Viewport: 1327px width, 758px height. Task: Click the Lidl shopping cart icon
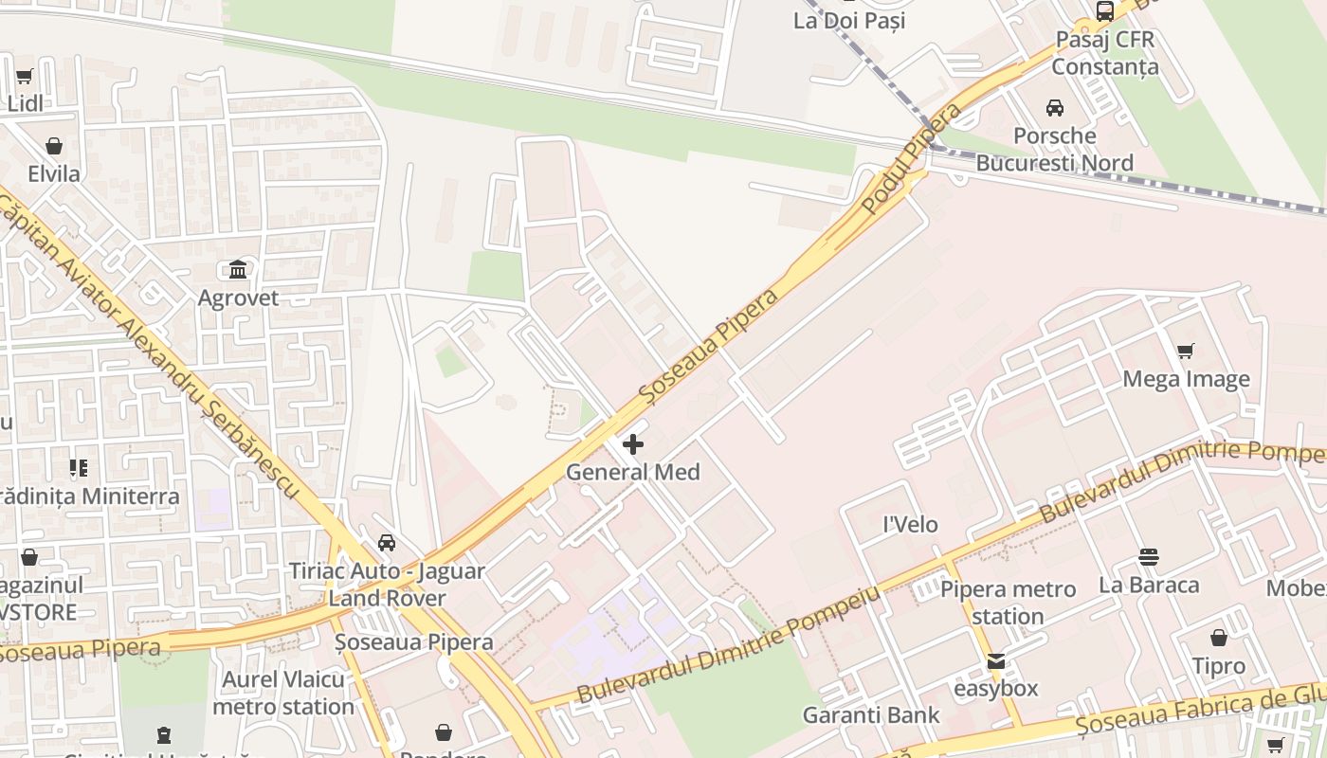25,77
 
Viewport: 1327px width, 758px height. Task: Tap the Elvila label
54,174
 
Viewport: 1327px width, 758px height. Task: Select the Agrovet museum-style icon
238,270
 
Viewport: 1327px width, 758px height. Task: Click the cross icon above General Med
633,443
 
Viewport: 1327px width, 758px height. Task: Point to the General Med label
633,472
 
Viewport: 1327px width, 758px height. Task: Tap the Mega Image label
1186,379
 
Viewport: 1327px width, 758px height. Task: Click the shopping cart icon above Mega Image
1185,352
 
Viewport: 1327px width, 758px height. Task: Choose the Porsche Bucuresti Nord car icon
1055,108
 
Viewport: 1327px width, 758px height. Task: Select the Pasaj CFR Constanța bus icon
1105,11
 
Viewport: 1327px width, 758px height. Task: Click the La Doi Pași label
849,20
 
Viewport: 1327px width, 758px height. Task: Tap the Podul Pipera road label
913,159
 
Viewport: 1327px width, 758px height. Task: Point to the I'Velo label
910,524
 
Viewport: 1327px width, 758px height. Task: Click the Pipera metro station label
1008,603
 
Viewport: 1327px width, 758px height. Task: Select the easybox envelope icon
996,661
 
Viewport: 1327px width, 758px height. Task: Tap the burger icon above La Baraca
1149,556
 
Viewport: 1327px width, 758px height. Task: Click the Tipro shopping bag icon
1219,639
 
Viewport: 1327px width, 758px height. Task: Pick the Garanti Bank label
871,714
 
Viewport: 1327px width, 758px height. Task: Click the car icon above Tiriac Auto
387,543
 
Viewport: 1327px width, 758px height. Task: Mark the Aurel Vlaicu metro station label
283,693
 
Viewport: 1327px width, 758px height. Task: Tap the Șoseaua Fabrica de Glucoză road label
1204,711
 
